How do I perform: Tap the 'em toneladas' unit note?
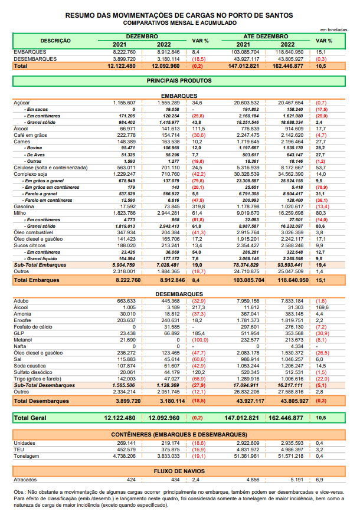pyautogui.click(x=333, y=30)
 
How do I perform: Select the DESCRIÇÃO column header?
pyautogui.click(x=55, y=41)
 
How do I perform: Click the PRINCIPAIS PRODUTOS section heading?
pyautogui.click(x=179, y=81)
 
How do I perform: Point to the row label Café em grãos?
pyautogui.click(x=30, y=135)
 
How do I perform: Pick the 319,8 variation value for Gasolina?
pyautogui.click(x=198, y=206)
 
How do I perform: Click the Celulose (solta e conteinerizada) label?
pyautogui.click(x=51, y=168)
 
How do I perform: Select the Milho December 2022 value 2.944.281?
pyautogui.click(x=168, y=213)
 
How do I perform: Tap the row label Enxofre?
pyautogui.click(x=22, y=320)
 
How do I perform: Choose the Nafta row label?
pyautogui.click(x=19, y=346)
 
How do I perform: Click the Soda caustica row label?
pyautogui.click(x=30, y=366)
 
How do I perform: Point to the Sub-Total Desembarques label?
pyautogui.click(x=44, y=385)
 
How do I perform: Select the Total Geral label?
pyautogui.click(x=30, y=418)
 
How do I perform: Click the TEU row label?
pyautogui.click(x=19, y=450)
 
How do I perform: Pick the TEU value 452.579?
pyautogui.click(x=126, y=450)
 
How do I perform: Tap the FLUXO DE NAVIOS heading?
pyautogui.click(x=179, y=471)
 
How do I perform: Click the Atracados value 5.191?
pyautogui.click(x=297, y=480)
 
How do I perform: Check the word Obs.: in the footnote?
pyautogui.click(x=19, y=493)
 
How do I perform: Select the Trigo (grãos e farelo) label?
pyautogui.click(x=37, y=379)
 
